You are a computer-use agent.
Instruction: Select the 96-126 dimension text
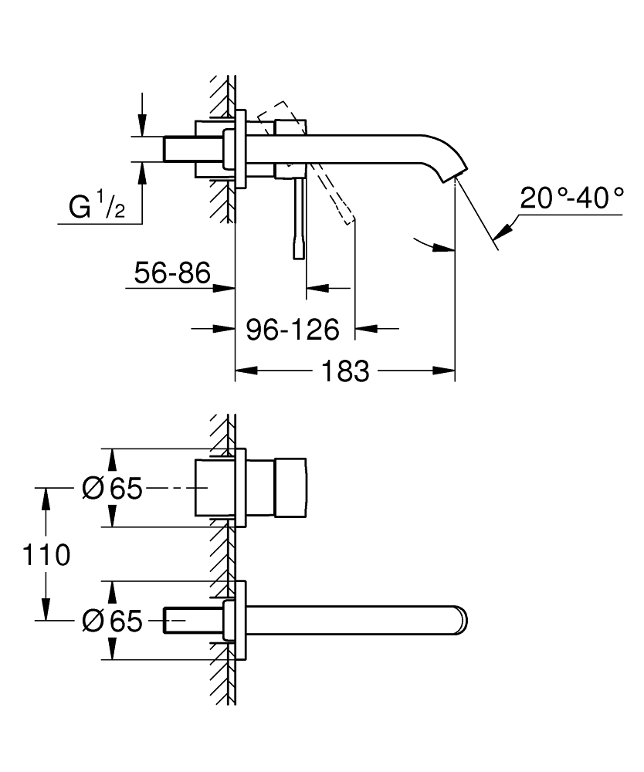click(x=293, y=330)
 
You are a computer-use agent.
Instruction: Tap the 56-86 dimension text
click(x=172, y=273)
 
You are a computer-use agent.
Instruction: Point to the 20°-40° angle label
click(x=571, y=198)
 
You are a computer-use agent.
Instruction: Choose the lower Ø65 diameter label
click(x=112, y=621)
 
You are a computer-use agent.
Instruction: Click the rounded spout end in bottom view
click(x=461, y=620)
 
